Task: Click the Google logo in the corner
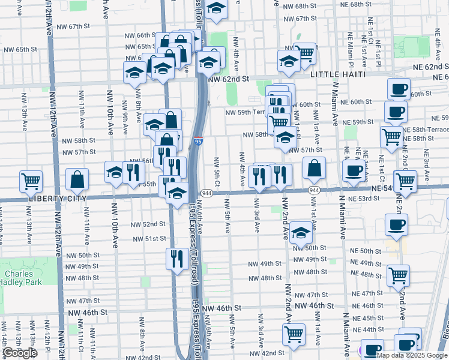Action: [19, 353]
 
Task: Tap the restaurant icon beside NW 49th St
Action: [176, 259]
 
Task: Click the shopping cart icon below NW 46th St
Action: [294, 334]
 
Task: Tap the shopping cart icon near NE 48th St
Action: [399, 276]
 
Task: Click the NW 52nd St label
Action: [148, 224]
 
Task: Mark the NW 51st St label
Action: [149, 238]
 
